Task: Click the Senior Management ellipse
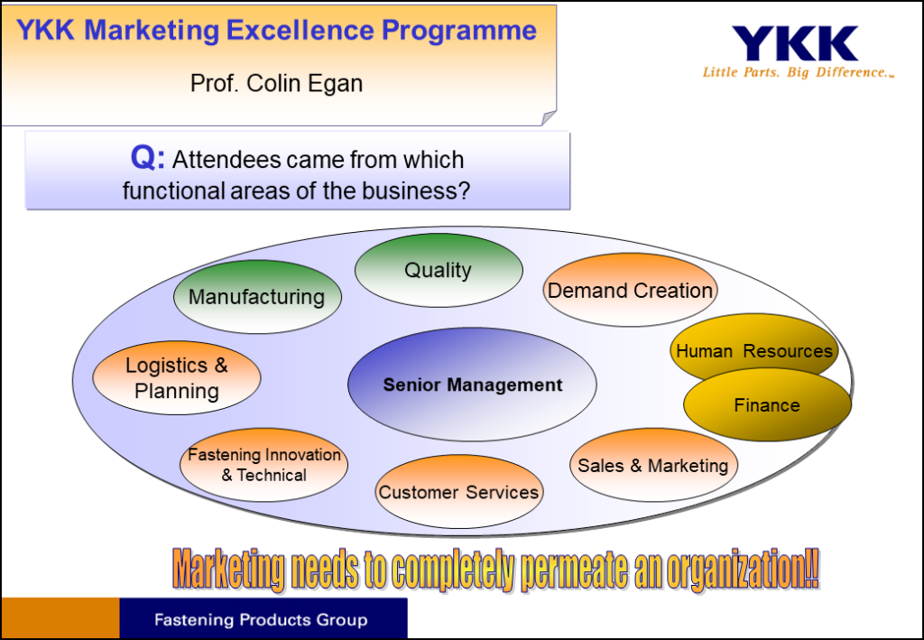(x=472, y=385)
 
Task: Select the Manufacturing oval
(x=257, y=297)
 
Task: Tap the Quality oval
(x=439, y=270)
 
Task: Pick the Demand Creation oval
(x=630, y=290)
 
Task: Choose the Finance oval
(x=767, y=405)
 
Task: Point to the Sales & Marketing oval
(x=653, y=465)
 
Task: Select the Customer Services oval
(x=459, y=491)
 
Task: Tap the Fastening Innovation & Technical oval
(x=264, y=465)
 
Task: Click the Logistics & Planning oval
(x=177, y=377)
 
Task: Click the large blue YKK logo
(x=795, y=43)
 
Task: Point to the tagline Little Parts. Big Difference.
(x=799, y=72)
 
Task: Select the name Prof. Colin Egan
(x=276, y=83)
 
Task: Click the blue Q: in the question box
(x=148, y=157)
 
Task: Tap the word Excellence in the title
(x=300, y=30)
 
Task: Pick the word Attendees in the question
(x=222, y=160)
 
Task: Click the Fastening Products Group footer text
(x=261, y=620)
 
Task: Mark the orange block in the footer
(x=60, y=618)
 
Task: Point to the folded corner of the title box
(x=548, y=118)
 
